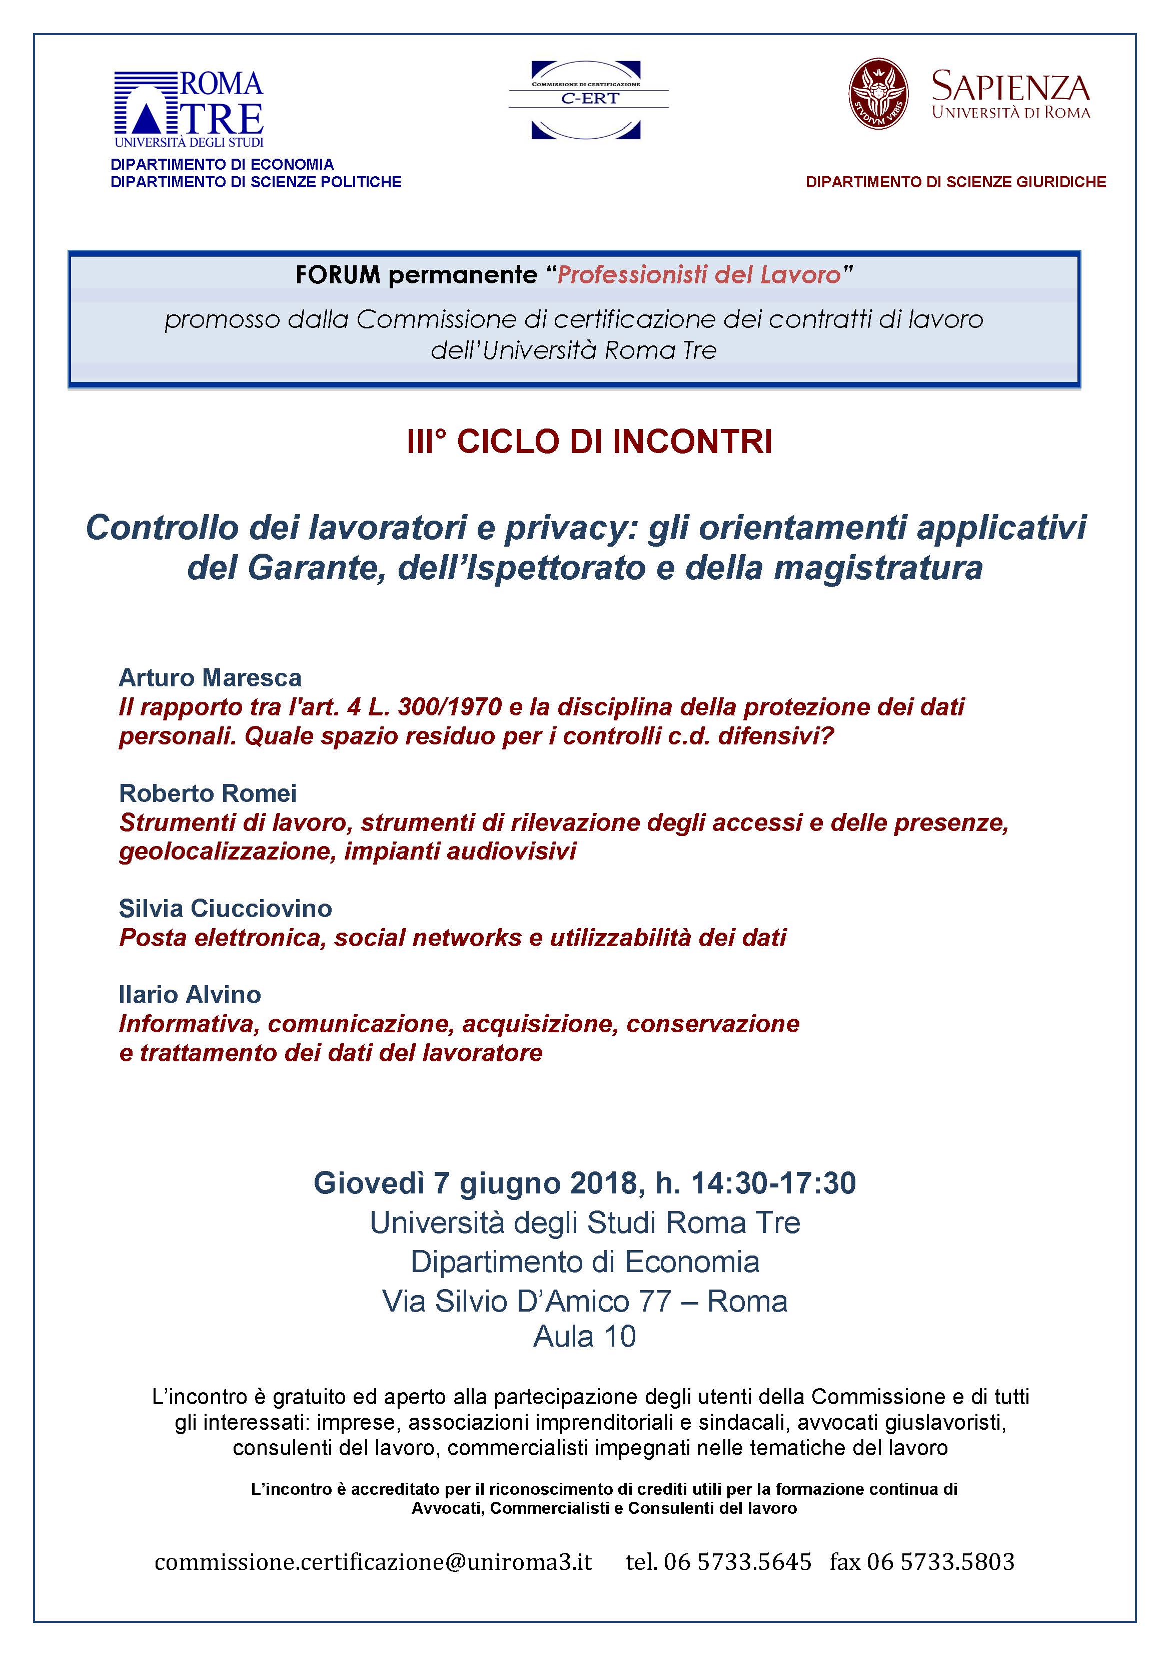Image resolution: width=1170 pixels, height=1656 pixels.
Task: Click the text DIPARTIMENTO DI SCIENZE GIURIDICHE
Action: [955, 183]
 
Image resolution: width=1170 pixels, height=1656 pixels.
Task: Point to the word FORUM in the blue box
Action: [337, 275]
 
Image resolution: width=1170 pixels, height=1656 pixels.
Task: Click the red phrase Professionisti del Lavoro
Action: [698, 275]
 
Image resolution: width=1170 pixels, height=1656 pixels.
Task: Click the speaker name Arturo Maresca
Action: [210, 678]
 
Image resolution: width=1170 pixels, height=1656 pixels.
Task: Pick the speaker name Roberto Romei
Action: [208, 793]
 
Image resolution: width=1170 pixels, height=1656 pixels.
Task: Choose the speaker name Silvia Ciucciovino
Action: [225, 909]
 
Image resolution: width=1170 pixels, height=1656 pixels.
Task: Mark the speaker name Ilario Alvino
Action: [190, 995]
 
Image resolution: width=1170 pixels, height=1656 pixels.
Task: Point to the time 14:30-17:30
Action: [773, 1183]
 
